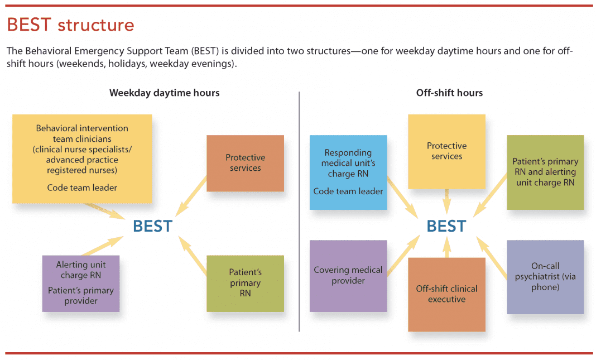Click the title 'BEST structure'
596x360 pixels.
70,25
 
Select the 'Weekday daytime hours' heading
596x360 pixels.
164,93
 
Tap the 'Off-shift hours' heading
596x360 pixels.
449,93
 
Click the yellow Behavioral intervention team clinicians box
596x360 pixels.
82,158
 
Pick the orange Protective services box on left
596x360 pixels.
245,163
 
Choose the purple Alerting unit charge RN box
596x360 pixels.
81,282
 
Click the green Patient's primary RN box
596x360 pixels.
245,283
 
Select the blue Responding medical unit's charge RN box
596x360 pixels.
348,172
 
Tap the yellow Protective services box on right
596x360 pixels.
446,151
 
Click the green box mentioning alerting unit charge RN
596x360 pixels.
545,172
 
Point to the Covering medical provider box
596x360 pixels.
348,275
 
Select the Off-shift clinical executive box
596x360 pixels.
446,294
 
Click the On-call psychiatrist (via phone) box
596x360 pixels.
545,277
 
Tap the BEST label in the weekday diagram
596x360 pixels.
152,226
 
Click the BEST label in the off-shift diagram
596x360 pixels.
446,226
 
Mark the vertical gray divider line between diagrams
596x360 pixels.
300,212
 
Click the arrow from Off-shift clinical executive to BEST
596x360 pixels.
446,247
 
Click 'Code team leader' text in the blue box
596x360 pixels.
348,191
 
